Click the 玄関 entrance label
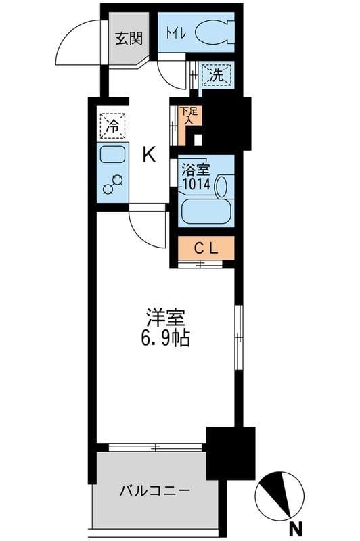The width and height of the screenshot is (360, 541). pos(127,39)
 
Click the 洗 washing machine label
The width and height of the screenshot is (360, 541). pos(215,76)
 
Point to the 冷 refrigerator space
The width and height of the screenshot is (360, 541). pos(112,125)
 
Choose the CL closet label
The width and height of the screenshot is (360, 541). pos(206,248)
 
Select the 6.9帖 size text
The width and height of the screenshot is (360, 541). pos(166,337)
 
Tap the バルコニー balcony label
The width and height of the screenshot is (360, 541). pos(156,490)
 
